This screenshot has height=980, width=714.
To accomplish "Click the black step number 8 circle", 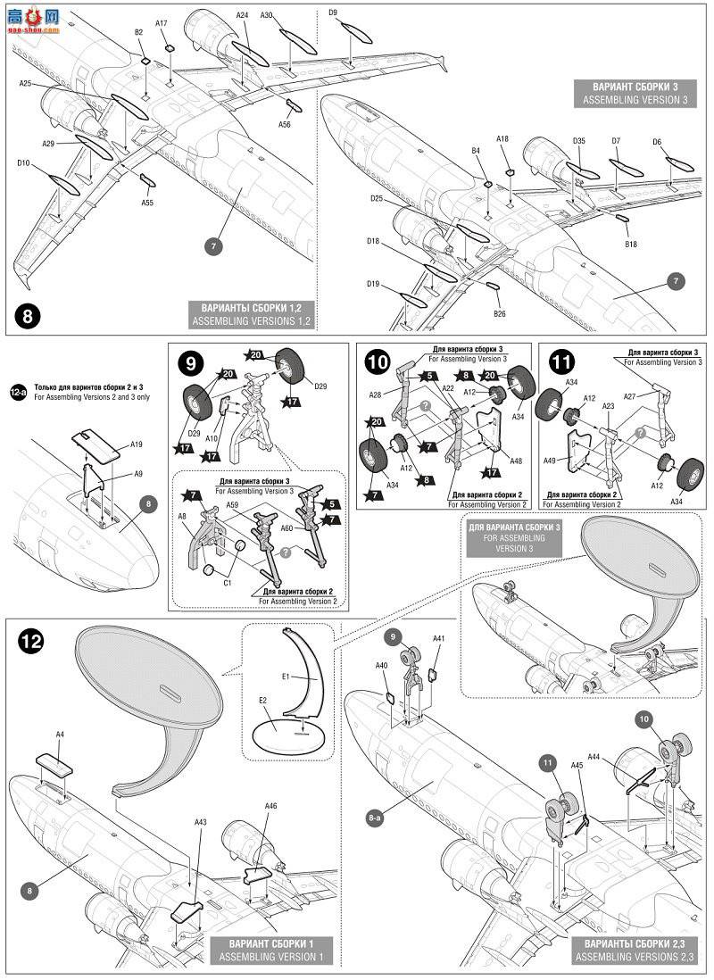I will pos(29,316).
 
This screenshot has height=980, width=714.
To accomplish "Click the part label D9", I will pos(332,12).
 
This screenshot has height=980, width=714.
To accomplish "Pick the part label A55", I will pos(147,203).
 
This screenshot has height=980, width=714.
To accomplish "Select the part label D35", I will pos(578,141).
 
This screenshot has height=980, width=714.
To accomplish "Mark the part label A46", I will pos(271,806).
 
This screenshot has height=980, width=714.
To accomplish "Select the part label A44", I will pos(619,755).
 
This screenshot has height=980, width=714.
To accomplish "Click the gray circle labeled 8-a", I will pos(376,815).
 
